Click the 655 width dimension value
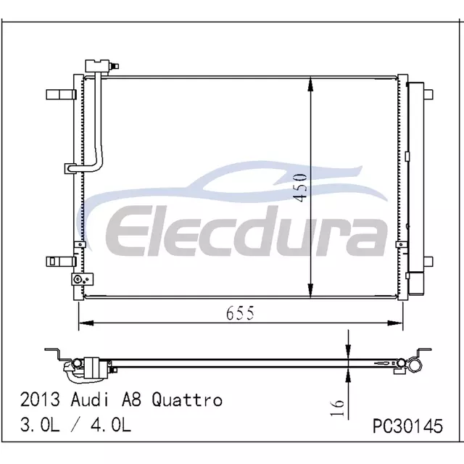point(240,313)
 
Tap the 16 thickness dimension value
point(337,407)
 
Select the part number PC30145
point(407,426)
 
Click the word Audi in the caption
point(89,399)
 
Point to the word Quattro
point(187,399)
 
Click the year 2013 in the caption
point(40,399)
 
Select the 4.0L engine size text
point(111,425)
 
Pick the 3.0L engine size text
point(40,425)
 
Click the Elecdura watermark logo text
point(246,231)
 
